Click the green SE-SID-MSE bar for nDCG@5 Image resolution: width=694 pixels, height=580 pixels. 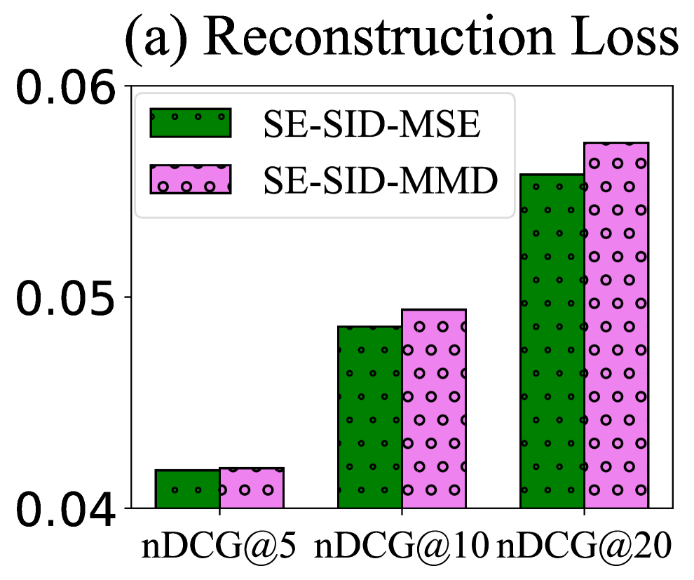pyautogui.click(x=187, y=489)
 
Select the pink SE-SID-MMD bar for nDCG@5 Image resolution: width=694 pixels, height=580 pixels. pyautogui.click(x=252, y=487)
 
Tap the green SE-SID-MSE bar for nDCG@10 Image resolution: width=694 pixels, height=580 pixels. pyautogui.click(x=369, y=417)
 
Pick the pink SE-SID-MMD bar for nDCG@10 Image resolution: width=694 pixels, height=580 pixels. pyautogui.click(x=434, y=408)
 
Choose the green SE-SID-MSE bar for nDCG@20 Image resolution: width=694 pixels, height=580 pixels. pyautogui.click(x=552, y=341)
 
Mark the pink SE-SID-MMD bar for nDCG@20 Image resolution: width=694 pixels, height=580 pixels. pyautogui.click(x=616, y=325)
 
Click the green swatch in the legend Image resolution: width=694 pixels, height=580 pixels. pyautogui.click(x=190, y=123)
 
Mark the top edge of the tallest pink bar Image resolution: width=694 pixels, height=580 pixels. pyautogui.click(x=616, y=143)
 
